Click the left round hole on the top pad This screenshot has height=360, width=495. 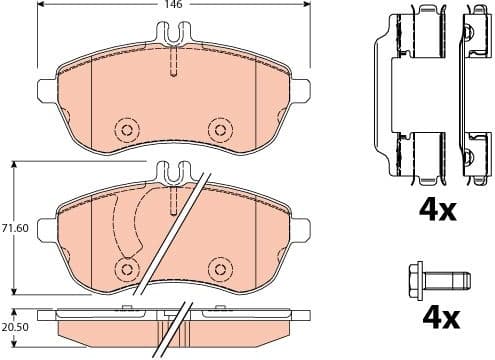pos(126,129)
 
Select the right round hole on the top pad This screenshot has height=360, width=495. pos(218,129)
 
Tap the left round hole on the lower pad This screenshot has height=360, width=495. pos(126,268)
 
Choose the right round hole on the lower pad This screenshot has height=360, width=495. pos(218,268)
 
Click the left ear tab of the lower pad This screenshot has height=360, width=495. pos(45,230)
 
